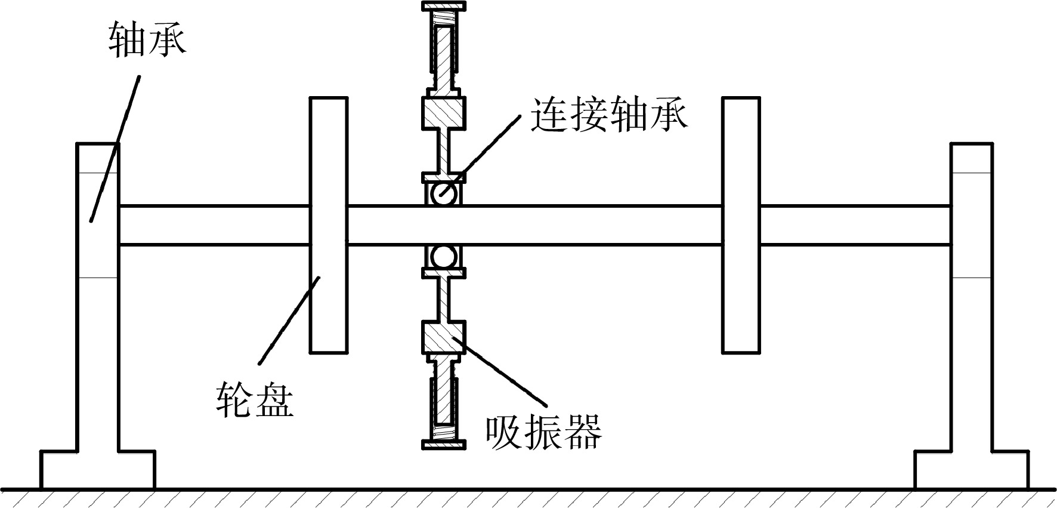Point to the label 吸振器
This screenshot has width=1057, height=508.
[543, 430]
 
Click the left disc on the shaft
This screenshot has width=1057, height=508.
[328, 225]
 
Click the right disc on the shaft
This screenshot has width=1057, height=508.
[741, 225]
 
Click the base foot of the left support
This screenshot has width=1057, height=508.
[98, 470]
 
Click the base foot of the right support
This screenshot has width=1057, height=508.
[972, 470]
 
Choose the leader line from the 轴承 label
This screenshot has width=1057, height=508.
[115, 148]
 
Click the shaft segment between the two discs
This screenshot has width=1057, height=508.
[534, 225]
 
